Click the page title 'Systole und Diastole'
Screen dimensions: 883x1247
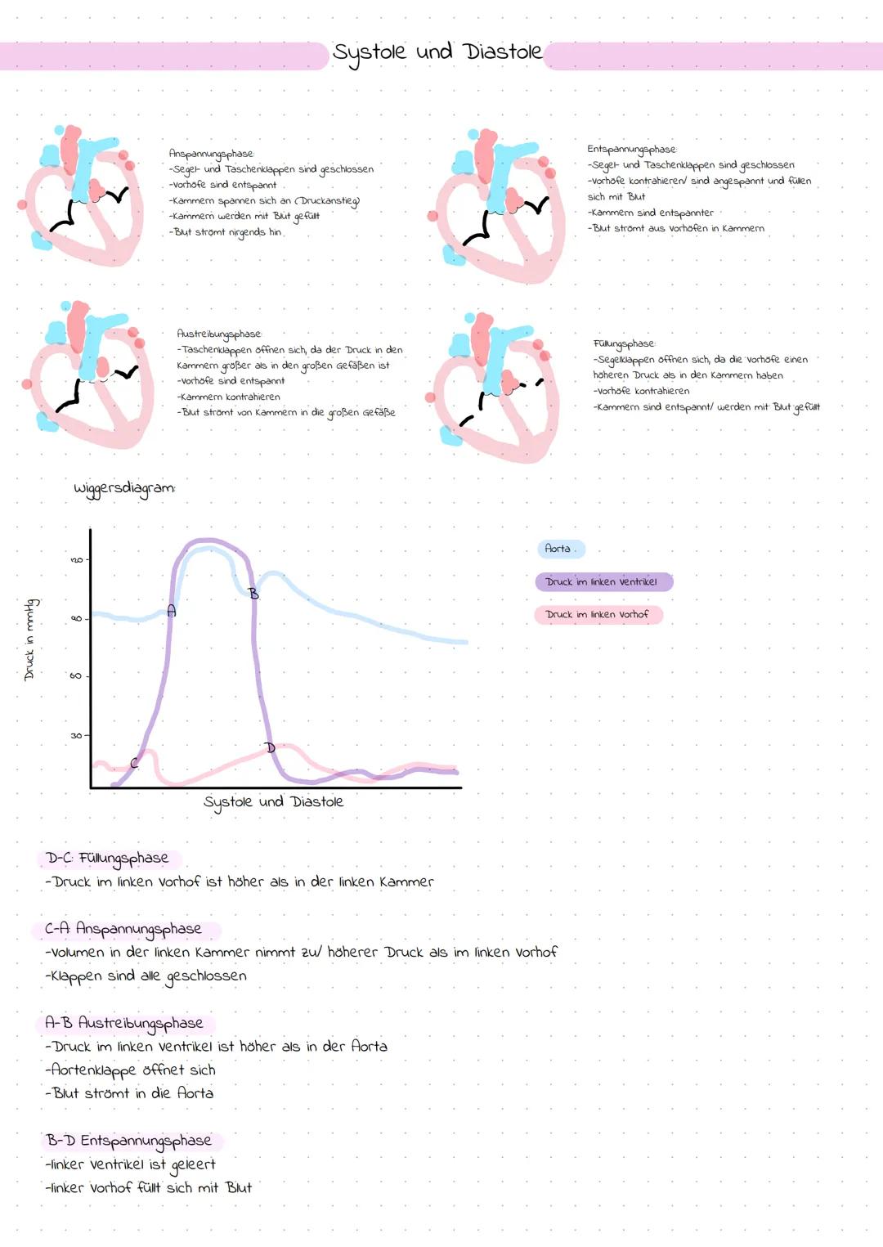437,52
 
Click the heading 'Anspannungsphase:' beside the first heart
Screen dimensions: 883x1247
211,153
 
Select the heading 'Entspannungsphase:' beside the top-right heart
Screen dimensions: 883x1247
632,149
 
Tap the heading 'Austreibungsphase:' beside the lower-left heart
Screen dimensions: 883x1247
219,334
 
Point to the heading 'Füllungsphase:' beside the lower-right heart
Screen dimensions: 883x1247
624,343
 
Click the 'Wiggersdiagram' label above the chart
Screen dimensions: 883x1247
124,488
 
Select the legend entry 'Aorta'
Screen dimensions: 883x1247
558,549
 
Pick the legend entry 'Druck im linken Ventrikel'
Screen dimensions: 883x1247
602,581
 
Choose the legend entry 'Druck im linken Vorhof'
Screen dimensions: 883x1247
597,614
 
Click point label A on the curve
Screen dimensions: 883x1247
171,610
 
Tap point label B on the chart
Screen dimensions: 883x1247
253,594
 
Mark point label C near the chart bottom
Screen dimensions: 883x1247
134,763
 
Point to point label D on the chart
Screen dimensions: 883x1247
271,747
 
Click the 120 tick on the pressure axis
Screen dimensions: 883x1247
77,560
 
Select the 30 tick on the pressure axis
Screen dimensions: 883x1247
76,735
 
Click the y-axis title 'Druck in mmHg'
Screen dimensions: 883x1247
30,639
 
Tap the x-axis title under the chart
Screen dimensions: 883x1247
273,802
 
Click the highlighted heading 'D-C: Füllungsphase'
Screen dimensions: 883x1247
107,858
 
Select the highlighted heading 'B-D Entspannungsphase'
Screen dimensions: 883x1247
129,1141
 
